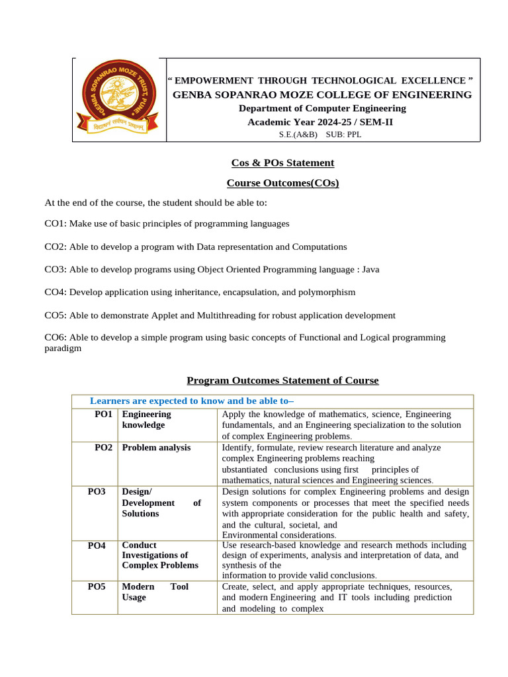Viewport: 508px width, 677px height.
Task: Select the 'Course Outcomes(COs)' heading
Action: pos(282,182)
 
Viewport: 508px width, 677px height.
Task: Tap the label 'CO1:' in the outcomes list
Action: pos(56,223)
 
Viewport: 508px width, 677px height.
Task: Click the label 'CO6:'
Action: pos(56,337)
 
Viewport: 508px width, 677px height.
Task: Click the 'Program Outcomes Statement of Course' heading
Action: pos(282,380)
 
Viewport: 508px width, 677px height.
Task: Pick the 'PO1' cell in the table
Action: pos(103,414)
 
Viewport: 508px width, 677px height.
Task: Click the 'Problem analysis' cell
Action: pos(156,448)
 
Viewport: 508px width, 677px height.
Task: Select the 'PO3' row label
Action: pos(97,492)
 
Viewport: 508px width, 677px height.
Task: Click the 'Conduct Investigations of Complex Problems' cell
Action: pos(160,555)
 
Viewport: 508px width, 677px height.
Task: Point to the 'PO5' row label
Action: pos(97,586)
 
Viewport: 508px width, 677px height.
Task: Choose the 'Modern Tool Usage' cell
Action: pos(155,592)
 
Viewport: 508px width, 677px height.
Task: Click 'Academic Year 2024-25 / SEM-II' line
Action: pos(320,122)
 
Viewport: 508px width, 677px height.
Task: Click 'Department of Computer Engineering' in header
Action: pos(322,108)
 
